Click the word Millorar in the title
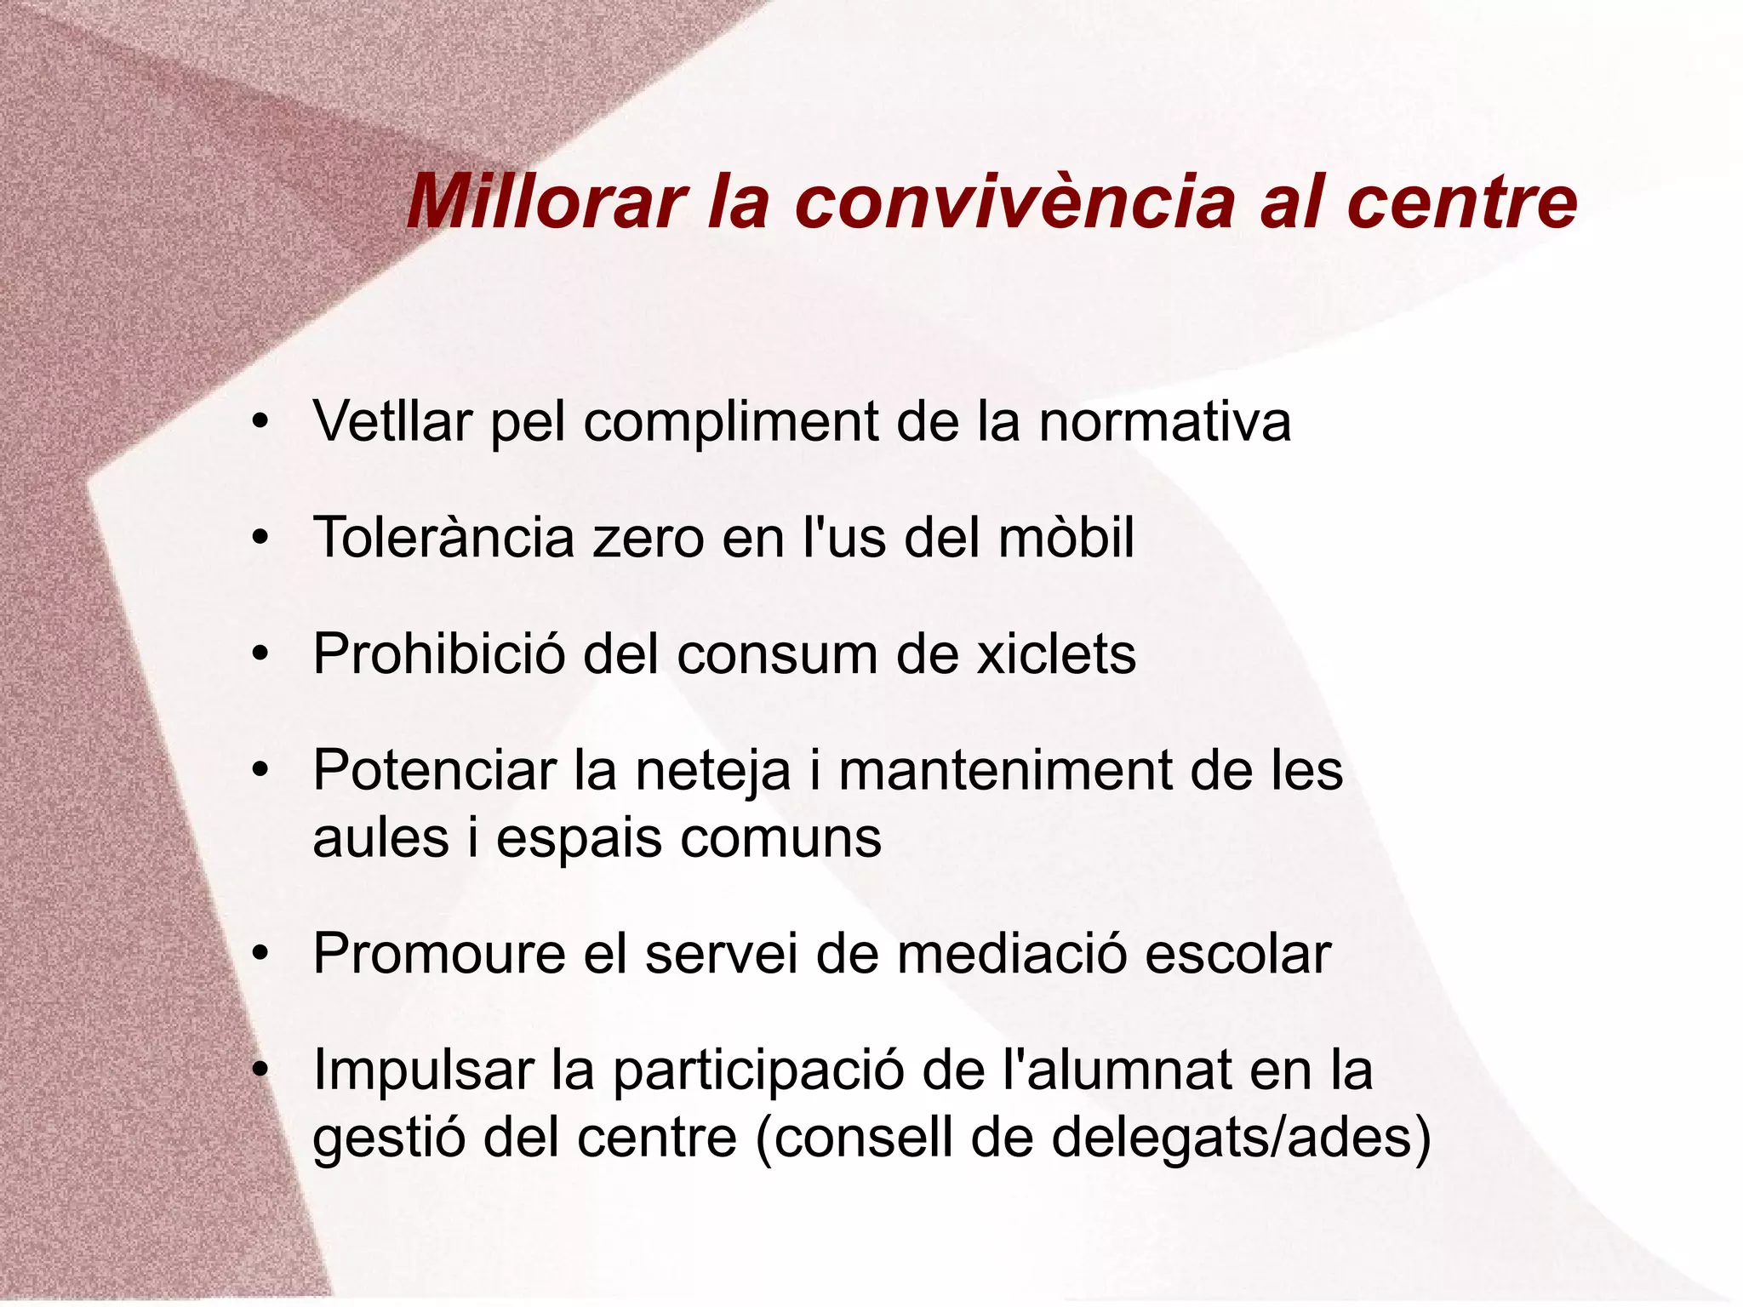click(546, 203)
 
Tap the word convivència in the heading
click(1014, 203)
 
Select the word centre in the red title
click(1462, 203)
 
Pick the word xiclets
click(1055, 654)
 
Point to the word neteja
click(713, 771)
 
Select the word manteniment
click(1004, 771)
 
